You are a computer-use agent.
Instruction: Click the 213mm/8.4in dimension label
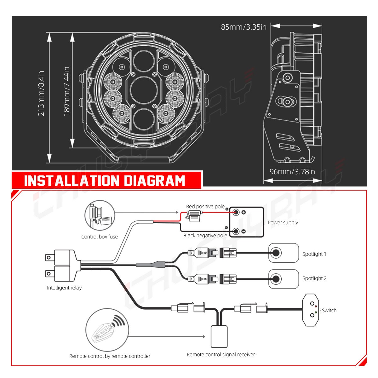pos(41,93)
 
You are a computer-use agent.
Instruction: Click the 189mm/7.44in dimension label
pos(67,91)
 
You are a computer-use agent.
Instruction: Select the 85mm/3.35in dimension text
pos(243,27)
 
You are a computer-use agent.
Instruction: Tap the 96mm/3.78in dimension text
pos(292,172)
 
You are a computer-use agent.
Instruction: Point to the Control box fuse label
pos(100,237)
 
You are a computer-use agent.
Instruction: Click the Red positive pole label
pos(205,206)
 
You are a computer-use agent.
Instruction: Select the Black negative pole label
pos(205,235)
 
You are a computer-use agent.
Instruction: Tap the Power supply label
pos(283,222)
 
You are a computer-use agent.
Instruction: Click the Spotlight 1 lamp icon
pos(283,253)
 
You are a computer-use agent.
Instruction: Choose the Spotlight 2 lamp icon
pos(283,279)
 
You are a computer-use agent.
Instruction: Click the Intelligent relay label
pos(64,288)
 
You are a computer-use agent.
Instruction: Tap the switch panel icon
pos(310,310)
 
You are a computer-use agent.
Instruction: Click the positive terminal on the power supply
pos(236,212)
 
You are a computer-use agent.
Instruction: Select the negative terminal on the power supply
pos(236,231)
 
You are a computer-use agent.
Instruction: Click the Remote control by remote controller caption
pos(110,356)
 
